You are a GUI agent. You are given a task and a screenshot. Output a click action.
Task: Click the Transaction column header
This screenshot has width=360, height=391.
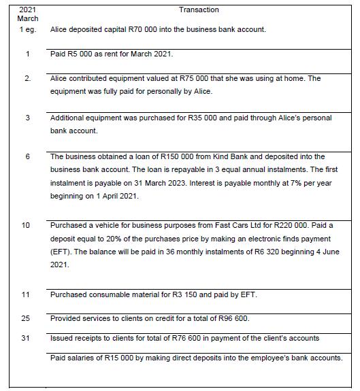coord(199,10)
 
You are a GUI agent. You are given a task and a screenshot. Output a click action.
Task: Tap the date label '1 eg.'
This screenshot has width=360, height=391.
coord(28,31)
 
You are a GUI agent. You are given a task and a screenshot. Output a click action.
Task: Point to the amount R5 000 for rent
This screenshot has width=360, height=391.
coord(74,54)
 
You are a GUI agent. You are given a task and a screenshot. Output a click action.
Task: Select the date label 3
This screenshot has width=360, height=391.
coord(28,118)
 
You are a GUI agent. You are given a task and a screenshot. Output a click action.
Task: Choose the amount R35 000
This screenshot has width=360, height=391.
coord(201,118)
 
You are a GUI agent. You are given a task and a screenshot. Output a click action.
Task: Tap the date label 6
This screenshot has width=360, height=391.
coord(28,157)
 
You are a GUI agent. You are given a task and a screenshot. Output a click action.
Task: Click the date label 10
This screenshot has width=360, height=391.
coord(28,225)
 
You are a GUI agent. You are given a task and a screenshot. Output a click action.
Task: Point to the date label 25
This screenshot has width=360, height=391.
coord(28,318)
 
